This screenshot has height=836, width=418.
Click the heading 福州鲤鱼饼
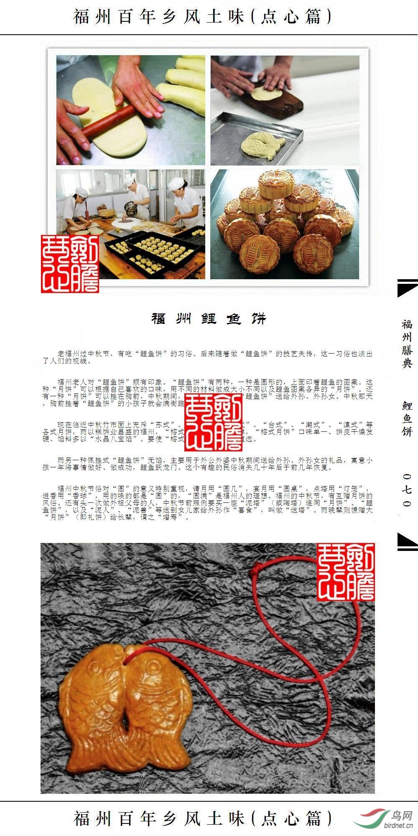[209, 319]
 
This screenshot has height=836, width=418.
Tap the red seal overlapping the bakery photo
[70, 263]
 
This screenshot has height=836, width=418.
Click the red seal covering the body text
[213, 423]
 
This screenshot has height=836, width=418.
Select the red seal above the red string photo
[345, 572]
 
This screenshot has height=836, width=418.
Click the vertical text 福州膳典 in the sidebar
[407, 344]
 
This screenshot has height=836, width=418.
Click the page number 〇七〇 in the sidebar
[407, 489]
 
